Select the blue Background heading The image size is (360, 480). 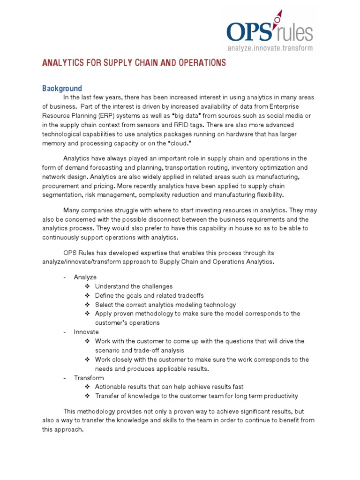62,88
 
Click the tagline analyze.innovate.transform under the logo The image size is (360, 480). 270,48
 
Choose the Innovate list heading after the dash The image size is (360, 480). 86,332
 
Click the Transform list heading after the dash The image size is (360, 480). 89,378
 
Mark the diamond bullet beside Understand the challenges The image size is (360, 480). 88,286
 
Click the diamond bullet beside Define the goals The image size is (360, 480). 88,295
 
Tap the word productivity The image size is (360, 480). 277,396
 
